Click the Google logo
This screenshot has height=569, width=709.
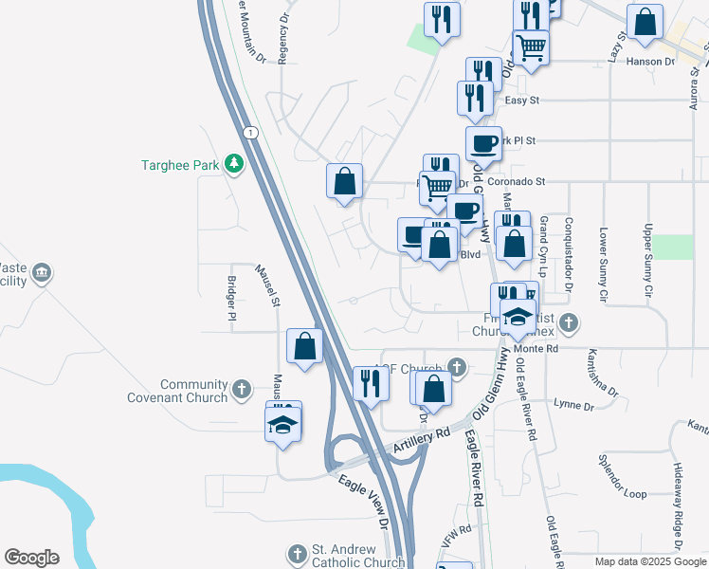tap(31, 558)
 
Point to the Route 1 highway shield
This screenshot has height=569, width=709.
tap(248, 131)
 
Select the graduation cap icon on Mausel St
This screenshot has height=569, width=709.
tap(283, 421)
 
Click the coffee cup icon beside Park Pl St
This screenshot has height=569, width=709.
tap(483, 144)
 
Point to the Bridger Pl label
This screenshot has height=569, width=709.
tap(231, 298)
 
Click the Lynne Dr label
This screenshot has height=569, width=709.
tap(573, 406)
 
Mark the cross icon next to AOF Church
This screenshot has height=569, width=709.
tap(457, 366)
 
